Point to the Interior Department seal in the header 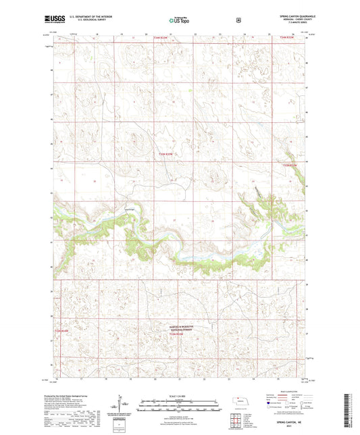238,20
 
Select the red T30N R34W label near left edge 61,330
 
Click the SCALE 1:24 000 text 179,394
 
